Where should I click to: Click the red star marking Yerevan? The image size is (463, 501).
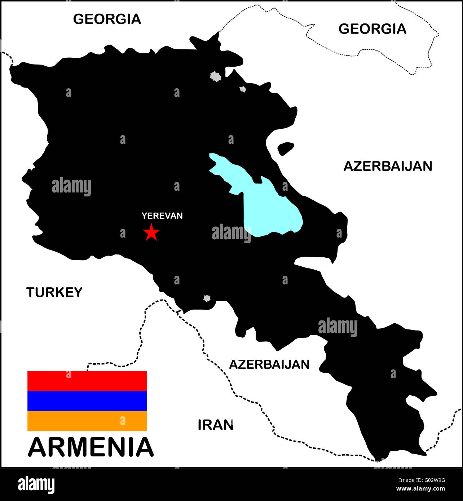click(x=151, y=232)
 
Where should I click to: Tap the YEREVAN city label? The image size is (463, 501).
click(x=162, y=216)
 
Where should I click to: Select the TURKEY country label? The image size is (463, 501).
click(x=54, y=292)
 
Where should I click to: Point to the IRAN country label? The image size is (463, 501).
click(x=216, y=425)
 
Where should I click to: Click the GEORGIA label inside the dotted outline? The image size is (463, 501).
click(x=372, y=29)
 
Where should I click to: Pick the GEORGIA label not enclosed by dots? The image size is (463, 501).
click(x=107, y=19)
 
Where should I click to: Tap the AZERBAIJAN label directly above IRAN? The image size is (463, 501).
click(x=269, y=364)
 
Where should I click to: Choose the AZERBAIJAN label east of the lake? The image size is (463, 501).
click(x=388, y=166)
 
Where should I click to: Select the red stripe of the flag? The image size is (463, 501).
click(x=87, y=381)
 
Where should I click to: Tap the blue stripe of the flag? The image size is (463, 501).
click(x=87, y=401)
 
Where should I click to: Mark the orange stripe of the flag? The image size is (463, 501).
click(x=87, y=421)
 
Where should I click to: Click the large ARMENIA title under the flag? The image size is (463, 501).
click(x=91, y=447)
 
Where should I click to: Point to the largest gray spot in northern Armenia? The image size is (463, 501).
click(x=216, y=76)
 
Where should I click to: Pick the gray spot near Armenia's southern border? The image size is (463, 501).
click(x=207, y=298)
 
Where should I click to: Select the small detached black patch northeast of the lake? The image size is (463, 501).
click(x=286, y=148)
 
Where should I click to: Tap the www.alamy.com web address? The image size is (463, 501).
click(x=420, y=489)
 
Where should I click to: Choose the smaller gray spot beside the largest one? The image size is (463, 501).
click(x=243, y=89)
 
